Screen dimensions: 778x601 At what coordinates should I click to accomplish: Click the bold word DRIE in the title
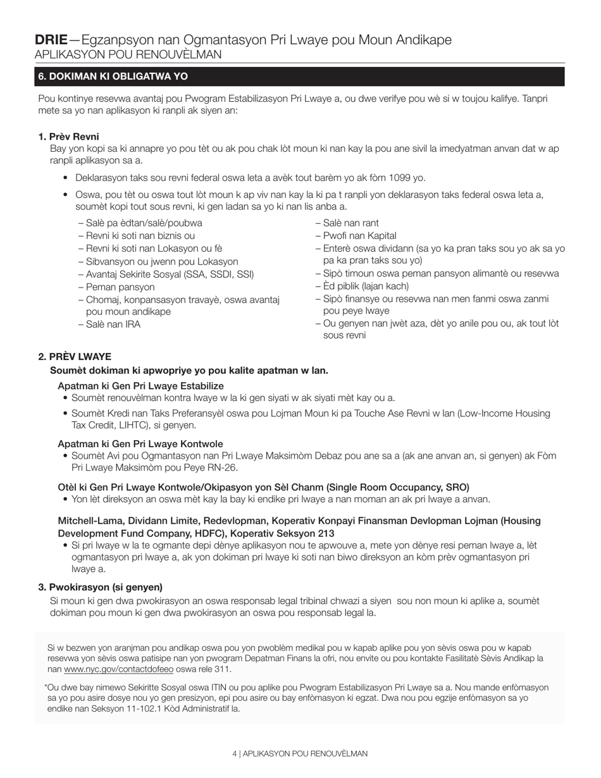[51, 40]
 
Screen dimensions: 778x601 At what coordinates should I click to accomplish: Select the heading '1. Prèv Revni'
[68, 137]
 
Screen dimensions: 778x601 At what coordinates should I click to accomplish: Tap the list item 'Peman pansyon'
[116, 287]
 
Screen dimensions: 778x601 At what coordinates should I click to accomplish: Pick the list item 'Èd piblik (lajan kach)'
[362, 287]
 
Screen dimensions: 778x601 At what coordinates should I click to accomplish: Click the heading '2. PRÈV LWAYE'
[75, 357]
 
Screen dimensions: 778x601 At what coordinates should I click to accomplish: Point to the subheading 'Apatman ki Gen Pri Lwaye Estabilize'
[140, 386]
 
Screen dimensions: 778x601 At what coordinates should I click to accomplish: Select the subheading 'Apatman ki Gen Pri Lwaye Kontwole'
[140, 444]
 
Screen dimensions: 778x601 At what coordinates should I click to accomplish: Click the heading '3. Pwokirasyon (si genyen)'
[100, 587]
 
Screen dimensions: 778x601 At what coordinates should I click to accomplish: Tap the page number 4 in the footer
[234, 754]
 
